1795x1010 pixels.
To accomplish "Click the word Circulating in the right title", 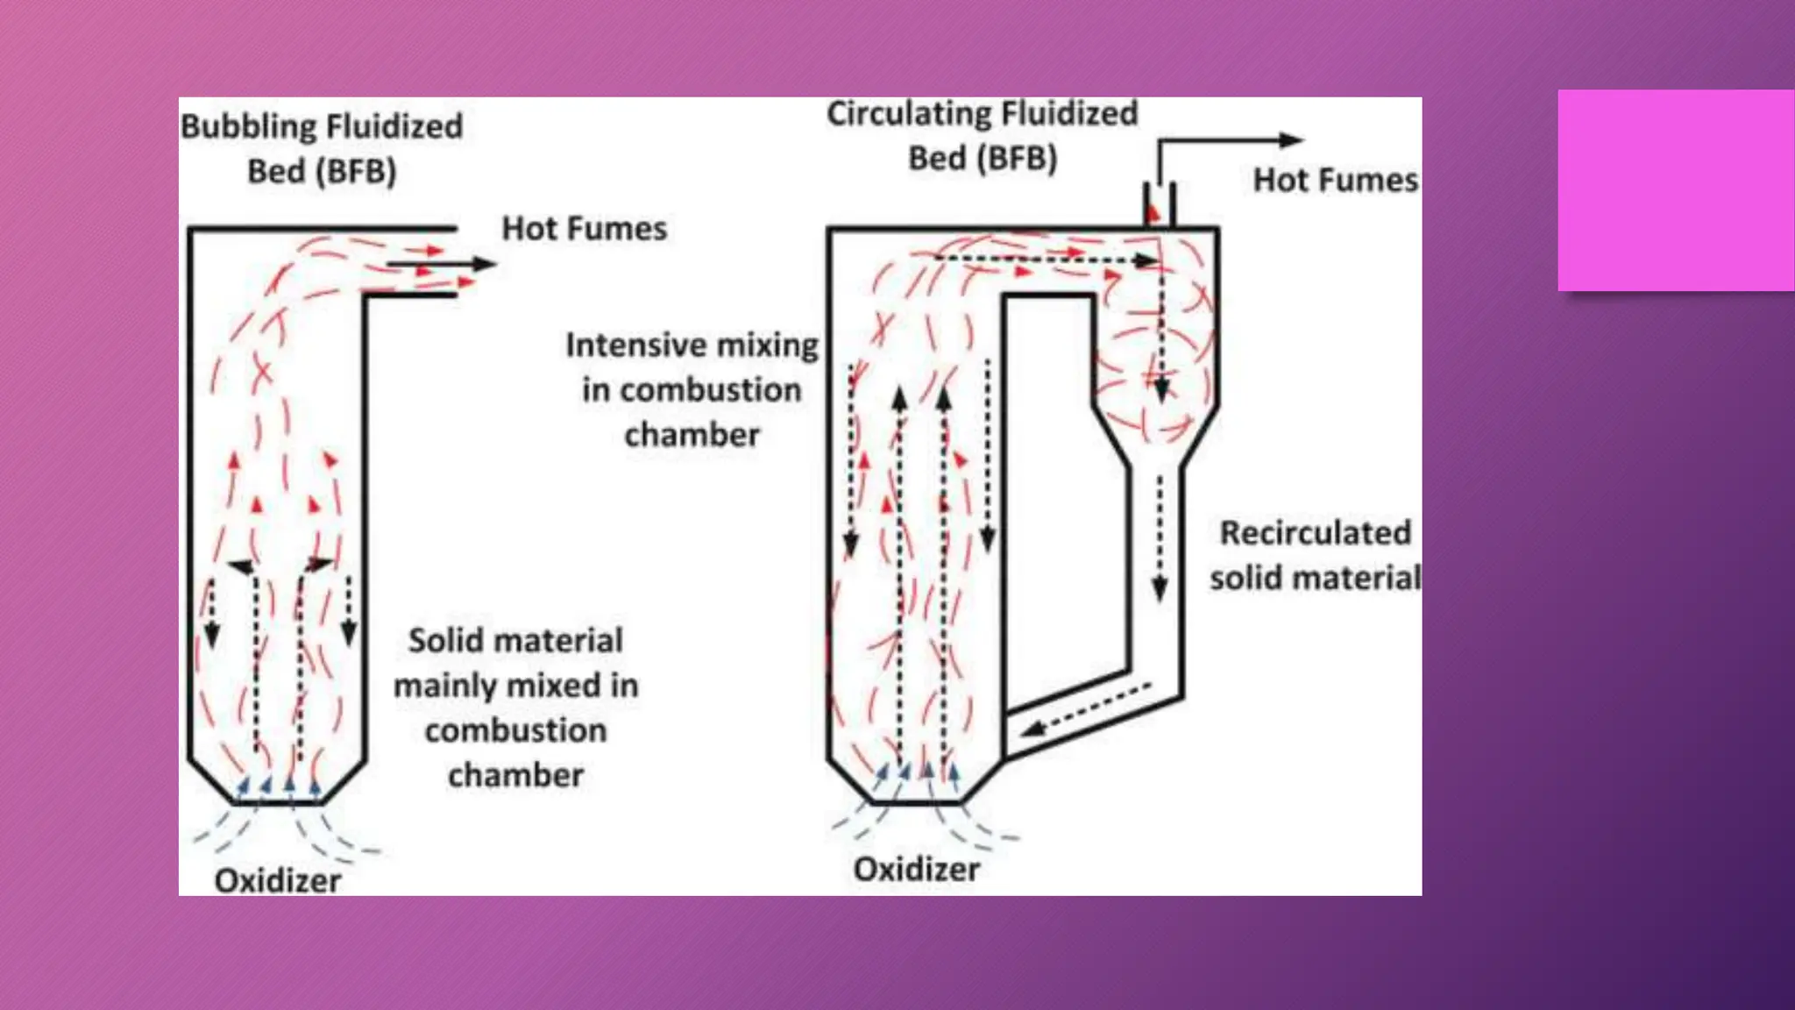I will (909, 114).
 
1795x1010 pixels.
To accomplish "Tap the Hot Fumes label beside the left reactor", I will (584, 229).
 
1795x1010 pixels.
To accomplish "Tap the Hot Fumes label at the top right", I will (1334, 181).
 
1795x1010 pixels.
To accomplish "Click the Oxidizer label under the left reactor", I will (277, 880).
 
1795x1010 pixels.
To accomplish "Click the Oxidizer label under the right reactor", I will (916, 869).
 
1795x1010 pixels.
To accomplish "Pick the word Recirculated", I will (1315, 533).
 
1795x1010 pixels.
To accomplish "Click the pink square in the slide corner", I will (1675, 190).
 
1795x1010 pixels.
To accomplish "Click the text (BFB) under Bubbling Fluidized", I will (358, 171).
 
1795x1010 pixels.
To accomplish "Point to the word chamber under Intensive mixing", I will (692, 435).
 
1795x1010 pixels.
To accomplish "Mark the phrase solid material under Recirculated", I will (1315, 579).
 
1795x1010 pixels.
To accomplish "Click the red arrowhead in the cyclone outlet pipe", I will (1153, 212).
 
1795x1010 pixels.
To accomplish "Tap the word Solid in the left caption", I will (445, 641).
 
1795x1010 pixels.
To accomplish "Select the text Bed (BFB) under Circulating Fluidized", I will (982, 159).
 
